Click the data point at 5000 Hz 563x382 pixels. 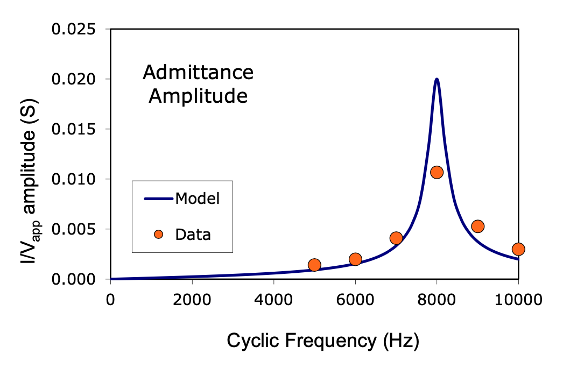(314, 265)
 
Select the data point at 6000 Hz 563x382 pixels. (355, 259)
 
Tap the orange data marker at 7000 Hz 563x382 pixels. (396, 238)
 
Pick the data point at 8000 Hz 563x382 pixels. (437, 172)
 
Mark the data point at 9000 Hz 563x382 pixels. (477, 226)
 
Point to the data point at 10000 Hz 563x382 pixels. (518, 249)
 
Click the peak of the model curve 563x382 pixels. (437, 80)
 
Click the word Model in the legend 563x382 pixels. (198, 199)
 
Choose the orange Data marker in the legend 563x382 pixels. (158, 235)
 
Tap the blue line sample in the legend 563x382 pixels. (158, 199)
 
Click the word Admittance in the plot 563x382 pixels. (198, 72)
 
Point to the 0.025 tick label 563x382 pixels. (74, 29)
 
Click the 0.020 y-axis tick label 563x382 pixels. (74, 79)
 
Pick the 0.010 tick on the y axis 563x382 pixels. (74, 179)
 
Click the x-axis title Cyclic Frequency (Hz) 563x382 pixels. (322, 341)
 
